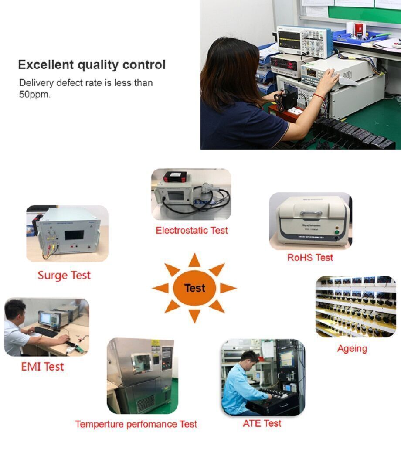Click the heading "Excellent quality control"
coord(92,65)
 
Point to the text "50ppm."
coord(34,94)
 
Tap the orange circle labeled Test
coord(194,288)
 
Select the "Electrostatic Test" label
coord(192,230)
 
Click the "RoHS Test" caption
coord(310,257)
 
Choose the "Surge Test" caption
coord(64,275)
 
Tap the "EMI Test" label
coord(42,367)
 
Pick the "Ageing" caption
coord(352,348)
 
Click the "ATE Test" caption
coord(262,423)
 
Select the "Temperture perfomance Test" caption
coord(136,424)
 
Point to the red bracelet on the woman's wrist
coord(319,96)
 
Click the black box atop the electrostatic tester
coord(175,177)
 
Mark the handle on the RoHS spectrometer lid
coord(311,213)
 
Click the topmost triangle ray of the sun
coord(194,261)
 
